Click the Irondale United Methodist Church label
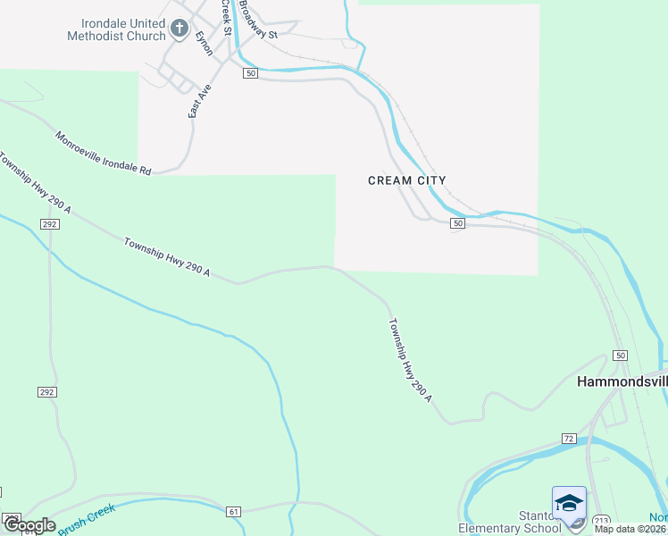116,29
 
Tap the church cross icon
180,29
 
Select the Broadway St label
258,19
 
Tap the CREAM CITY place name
406,180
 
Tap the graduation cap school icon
569,504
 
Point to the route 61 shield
234,511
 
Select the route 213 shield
601,520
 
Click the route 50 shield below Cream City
457,223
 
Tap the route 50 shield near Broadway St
250,73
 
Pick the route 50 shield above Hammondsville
620,356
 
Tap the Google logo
29,525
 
